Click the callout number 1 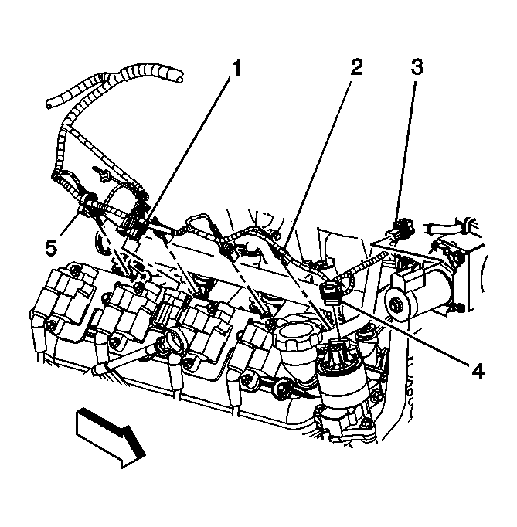pos(236,70)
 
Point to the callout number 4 pos(477,372)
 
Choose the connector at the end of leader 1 pos(136,225)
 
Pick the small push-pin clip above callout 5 pos(97,168)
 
